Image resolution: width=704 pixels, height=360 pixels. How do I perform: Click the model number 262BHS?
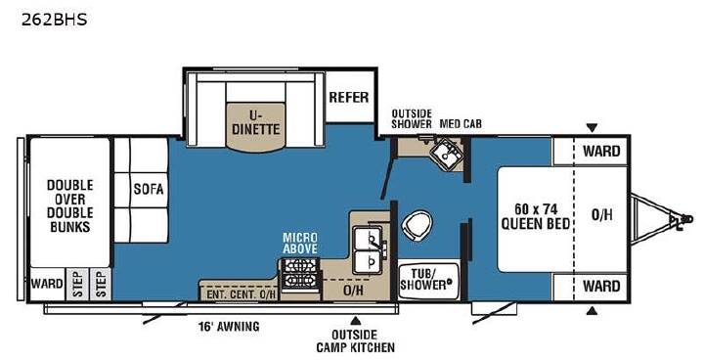(x=54, y=20)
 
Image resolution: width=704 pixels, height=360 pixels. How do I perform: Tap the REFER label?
(x=349, y=97)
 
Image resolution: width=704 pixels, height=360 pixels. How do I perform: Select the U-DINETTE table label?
(x=255, y=122)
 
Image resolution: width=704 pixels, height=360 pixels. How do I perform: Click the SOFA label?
(x=149, y=189)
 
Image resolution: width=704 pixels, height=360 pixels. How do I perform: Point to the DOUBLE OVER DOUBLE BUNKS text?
(x=70, y=205)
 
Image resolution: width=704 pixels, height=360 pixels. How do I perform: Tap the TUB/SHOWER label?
(x=424, y=279)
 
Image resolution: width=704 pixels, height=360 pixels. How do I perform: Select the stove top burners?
(x=300, y=273)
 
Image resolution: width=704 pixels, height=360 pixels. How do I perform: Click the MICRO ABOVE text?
(x=299, y=243)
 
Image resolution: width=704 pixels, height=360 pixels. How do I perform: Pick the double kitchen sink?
(x=369, y=249)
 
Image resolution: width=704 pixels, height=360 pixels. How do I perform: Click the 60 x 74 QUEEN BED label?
(x=535, y=216)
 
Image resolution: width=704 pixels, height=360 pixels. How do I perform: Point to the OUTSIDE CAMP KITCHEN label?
(x=356, y=341)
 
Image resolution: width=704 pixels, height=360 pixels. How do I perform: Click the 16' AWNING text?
(x=229, y=327)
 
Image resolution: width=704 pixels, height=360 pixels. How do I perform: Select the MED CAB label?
(x=461, y=123)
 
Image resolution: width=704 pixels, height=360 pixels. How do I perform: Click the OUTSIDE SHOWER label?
(x=412, y=118)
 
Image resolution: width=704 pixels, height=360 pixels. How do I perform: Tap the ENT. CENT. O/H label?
(x=242, y=294)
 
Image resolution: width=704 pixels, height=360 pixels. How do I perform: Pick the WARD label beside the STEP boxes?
(x=47, y=284)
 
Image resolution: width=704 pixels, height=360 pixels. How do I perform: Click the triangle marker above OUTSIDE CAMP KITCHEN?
(x=356, y=321)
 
